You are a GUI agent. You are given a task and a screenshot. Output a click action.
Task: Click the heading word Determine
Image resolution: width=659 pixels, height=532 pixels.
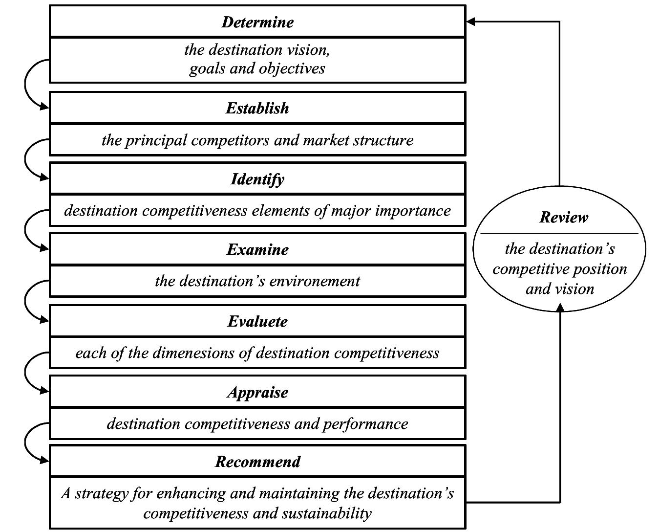pos(257,22)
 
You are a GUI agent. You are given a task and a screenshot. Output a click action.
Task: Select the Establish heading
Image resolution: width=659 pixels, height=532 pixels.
pos(257,108)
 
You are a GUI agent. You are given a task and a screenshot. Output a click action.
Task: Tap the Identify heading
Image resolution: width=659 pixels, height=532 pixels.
pos(257,179)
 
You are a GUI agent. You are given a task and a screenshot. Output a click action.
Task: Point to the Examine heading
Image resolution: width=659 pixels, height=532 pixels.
pos(257,249)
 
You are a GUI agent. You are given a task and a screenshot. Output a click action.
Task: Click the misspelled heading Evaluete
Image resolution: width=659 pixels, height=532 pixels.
pos(257,321)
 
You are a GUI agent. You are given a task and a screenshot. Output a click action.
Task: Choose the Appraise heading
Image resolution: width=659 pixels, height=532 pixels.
pos(257,392)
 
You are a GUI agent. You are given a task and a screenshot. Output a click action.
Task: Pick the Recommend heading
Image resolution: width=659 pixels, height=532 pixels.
pos(257,462)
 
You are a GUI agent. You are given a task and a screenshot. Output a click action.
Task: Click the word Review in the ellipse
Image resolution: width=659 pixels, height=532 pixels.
pos(564,217)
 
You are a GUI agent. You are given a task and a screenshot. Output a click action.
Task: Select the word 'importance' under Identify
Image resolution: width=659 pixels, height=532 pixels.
pos(415,211)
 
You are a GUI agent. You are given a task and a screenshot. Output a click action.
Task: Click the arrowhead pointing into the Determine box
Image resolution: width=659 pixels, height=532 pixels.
pos(470,22)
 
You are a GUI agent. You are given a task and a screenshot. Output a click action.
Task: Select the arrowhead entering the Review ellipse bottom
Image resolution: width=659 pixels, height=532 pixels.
pos(560,307)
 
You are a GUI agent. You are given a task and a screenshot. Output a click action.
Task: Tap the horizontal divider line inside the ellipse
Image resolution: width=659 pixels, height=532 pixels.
pos(559,233)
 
